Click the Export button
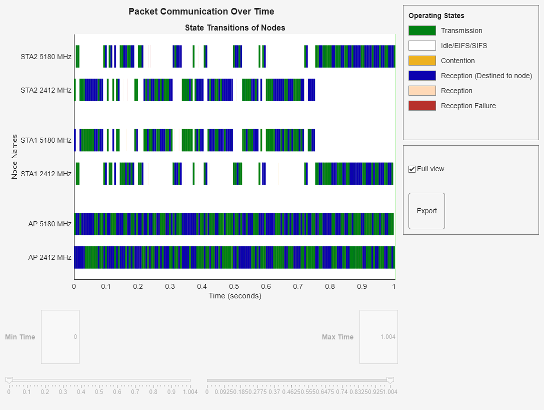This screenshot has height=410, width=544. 426,211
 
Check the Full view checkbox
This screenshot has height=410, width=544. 412,169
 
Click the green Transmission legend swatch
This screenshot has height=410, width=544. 422,31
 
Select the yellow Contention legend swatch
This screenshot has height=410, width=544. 422,61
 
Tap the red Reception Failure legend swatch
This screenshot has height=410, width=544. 422,106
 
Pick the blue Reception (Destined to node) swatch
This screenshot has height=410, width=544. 422,76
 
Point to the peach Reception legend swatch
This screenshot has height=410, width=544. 422,91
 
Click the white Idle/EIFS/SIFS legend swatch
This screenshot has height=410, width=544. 422,46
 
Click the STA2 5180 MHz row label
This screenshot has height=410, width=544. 46,57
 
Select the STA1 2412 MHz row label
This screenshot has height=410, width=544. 46,174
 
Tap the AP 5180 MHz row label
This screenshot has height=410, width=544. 49,224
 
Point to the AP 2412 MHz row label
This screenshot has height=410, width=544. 49,257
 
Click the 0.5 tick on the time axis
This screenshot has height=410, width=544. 234,286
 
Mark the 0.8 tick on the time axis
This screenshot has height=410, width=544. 330,286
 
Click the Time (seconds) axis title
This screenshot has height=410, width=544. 234,296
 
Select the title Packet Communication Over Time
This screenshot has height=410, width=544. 201,12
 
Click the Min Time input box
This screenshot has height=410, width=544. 60,337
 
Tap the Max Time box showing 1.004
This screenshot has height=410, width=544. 378,337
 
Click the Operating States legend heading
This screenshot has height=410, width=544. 436,16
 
